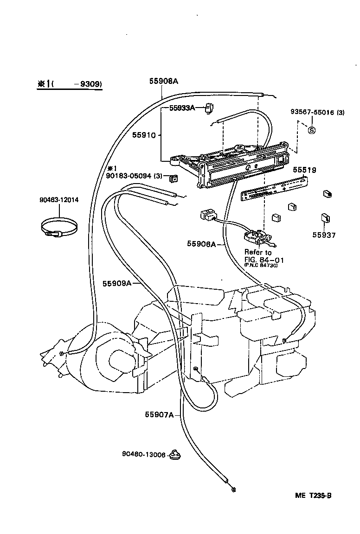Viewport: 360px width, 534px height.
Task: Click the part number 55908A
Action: click(164, 81)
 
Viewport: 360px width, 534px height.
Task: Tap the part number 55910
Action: click(143, 135)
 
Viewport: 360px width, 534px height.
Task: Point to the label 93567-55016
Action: click(313, 112)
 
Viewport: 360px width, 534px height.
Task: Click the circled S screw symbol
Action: click(312, 130)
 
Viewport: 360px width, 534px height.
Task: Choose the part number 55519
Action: click(304, 171)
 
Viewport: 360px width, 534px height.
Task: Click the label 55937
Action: click(323, 235)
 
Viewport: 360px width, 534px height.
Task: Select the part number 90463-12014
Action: click(59, 200)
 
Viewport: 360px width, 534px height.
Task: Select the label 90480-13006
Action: click(144, 455)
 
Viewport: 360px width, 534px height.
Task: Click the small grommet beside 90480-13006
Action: click(175, 455)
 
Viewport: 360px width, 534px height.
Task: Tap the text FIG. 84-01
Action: click(264, 260)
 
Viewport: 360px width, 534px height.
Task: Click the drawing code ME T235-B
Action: click(313, 495)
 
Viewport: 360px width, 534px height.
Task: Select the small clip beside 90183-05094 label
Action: click(174, 178)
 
